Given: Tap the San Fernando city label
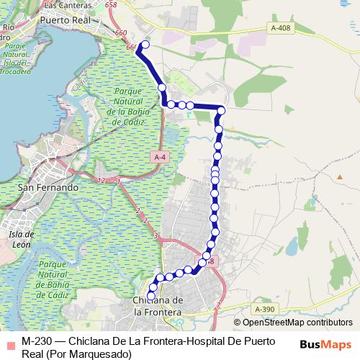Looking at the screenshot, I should point(48,187).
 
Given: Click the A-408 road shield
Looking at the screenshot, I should point(282,27).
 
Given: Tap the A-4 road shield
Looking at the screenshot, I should point(161,157).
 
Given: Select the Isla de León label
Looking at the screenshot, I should point(22,238).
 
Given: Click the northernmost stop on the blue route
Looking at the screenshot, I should point(145,45).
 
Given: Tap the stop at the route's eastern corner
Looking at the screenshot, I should point(222,110).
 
